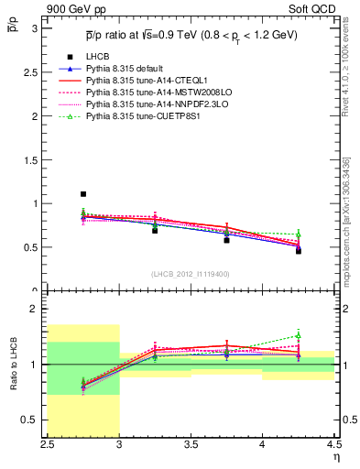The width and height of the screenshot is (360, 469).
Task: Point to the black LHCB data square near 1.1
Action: coord(83,194)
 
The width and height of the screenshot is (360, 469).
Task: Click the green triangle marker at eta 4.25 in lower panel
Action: coord(299,336)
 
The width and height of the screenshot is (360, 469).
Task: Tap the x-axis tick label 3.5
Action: coord(191,444)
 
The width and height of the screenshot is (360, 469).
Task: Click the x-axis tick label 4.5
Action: coord(333,444)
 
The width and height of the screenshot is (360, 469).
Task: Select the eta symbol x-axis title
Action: coord(335,456)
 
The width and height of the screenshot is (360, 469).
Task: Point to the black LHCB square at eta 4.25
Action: coord(299,250)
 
